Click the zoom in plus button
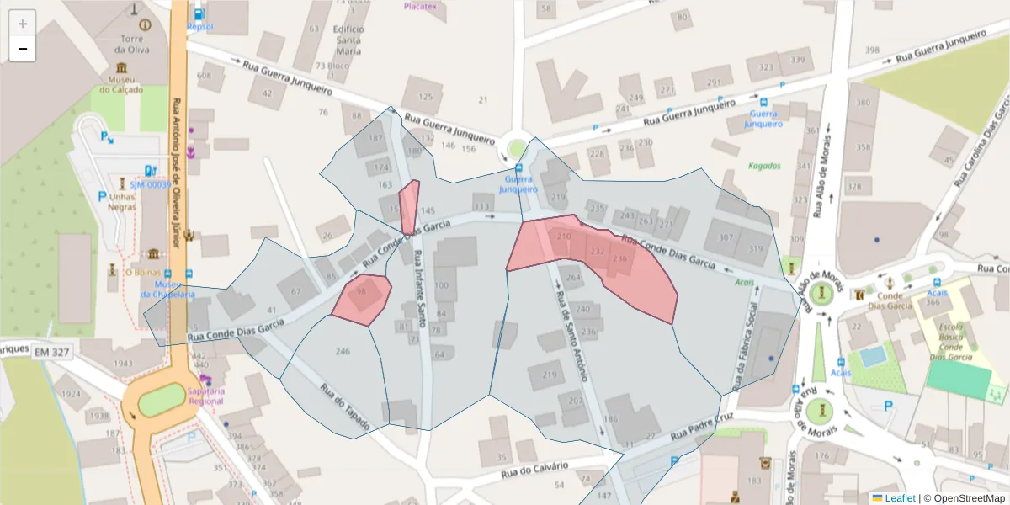coord(22,24)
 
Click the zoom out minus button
coord(22,49)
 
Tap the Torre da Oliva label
coord(133,44)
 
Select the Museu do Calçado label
coord(121,85)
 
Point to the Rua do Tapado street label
coord(344,407)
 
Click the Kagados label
coord(764,166)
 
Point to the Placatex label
coord(421,6)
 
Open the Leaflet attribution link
coord(899,498)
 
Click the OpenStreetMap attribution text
coord(964,498)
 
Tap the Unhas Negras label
coord(122,203)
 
